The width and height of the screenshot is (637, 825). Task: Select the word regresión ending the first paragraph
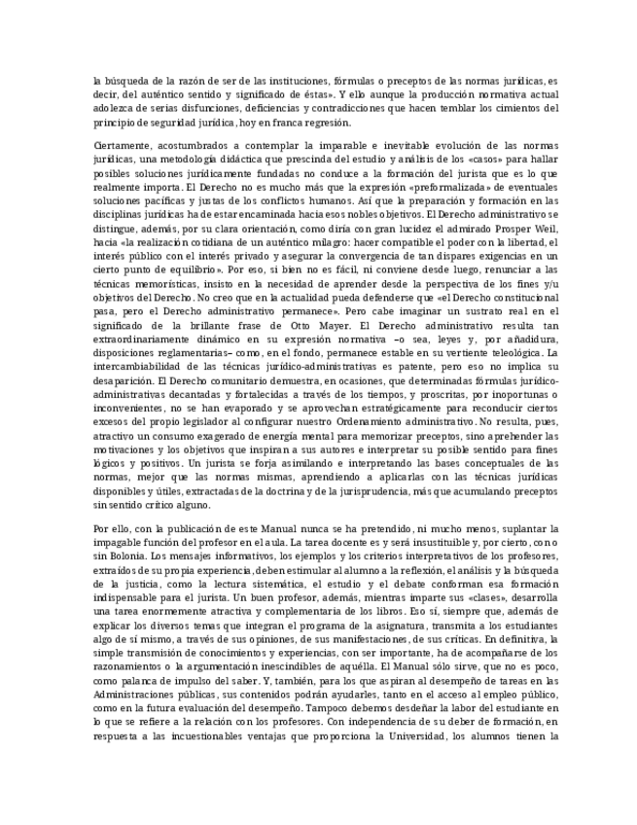323,123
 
